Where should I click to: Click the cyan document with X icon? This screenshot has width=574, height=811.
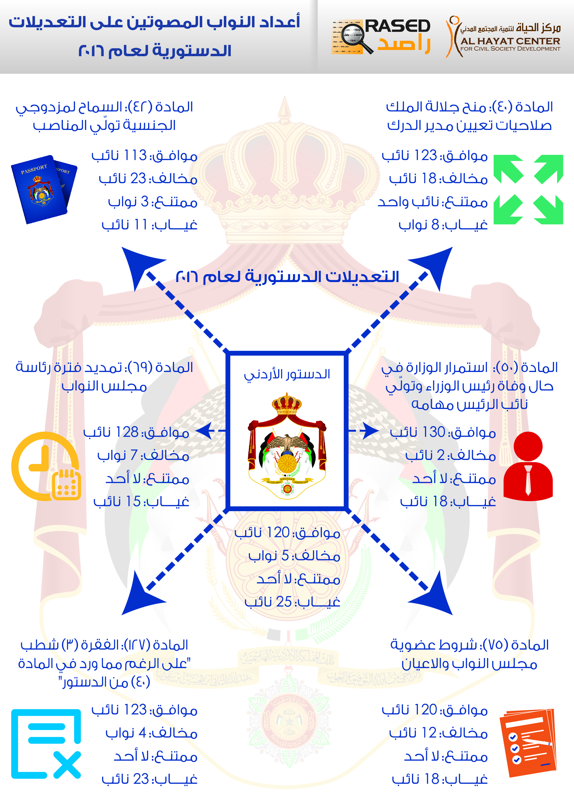[x=46, y=743]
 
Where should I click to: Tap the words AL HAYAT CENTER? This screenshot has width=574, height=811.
[x=510, y=41]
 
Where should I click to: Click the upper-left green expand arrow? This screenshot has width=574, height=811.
[x=508, y=169]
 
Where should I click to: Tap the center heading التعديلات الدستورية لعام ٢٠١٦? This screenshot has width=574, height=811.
[x=287, y=276]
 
